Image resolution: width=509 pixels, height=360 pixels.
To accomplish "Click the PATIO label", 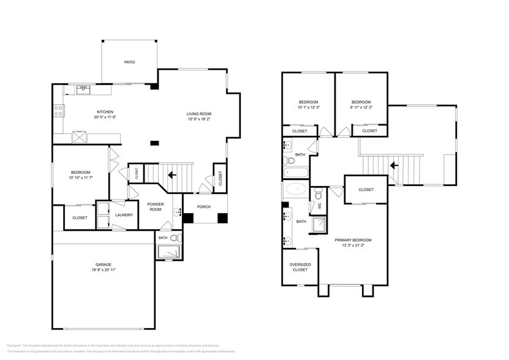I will click(x=129, y=62).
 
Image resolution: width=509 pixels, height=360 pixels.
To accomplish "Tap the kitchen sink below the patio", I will click(x=84, y=89).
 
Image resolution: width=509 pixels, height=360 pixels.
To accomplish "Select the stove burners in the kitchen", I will click(x=59, y=111).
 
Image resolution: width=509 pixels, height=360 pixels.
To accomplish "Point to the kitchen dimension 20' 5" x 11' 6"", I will click(x=105, y=117).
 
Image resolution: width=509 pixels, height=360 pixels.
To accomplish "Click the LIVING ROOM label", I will click(x=199, y=113).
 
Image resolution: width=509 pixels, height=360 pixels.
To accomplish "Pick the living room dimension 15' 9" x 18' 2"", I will click(x=199, y=119).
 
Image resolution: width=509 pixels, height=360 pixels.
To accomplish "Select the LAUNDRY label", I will click(x=124, y=215).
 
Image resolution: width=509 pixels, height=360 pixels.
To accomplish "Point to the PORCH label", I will click(x=204, y=207).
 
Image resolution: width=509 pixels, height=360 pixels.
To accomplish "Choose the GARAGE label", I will click(x=103, y=264).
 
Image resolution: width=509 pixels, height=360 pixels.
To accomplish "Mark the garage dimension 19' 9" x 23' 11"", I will click(x=103, y=270).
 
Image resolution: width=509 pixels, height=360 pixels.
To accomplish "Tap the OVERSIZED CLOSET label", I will click(x=300, y=267).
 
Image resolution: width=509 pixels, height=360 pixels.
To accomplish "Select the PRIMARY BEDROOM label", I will click(x=353, y=240).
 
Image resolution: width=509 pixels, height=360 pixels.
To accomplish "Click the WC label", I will click(x=319, y=206).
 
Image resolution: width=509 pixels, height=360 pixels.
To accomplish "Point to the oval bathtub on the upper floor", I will click(x=297, y=189).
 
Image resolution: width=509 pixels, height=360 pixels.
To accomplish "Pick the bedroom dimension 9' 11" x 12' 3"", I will click(x=361, y=108).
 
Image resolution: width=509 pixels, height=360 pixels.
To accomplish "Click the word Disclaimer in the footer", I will click(x=16, y=346).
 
